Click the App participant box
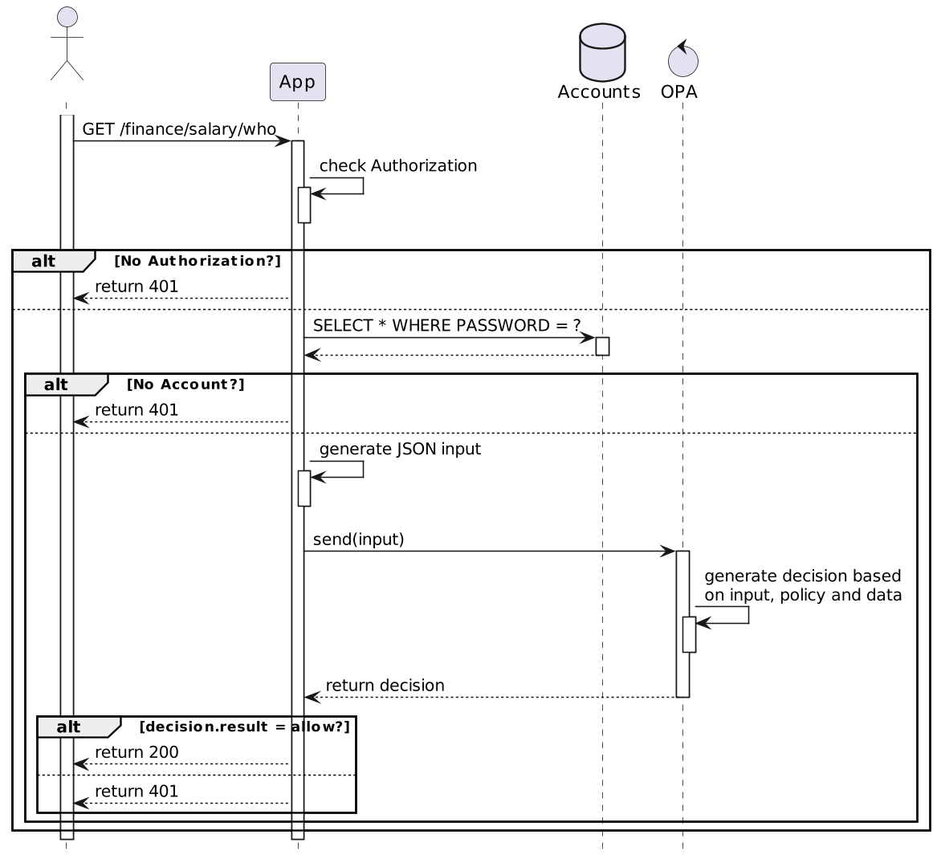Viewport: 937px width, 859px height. pos(298,82)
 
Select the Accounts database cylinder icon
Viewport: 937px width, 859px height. pos(602,52)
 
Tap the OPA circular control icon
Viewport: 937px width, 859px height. pos(683,59)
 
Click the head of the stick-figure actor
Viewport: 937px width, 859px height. pos(67,17)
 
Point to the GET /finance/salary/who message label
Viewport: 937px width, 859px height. pos(179,129)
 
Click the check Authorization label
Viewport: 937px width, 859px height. pos(398,165)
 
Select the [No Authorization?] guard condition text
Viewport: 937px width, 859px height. pos(198,261)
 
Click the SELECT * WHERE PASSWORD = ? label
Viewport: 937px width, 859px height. pos(446,326)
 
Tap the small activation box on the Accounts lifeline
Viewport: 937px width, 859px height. pos(602,347)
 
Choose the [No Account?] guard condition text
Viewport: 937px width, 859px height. pos(185,385)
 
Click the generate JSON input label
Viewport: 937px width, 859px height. pos(400,450)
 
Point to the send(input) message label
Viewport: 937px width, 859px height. pos(359,539)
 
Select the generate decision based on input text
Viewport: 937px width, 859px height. pos(803,585)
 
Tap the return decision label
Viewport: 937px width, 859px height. pos(385,685)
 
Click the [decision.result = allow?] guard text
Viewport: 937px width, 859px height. pos(244,727)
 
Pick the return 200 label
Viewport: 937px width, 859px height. pos(136,752)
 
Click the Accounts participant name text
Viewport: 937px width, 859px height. pos(599,92)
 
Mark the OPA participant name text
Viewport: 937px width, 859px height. pos(678,92)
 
